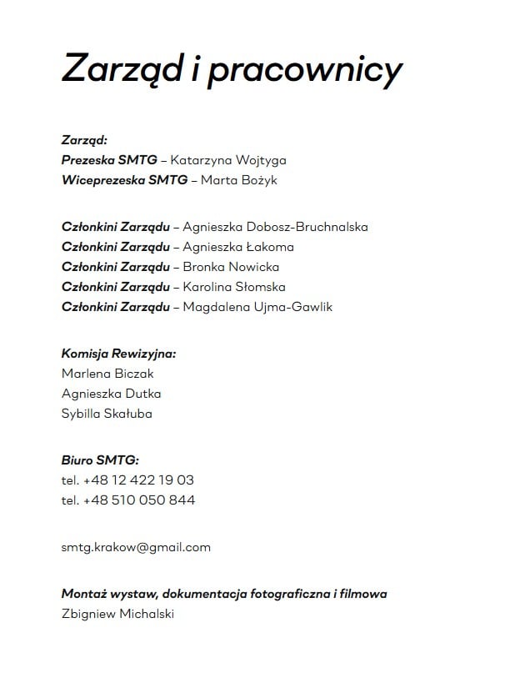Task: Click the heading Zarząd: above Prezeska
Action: coord(84,140)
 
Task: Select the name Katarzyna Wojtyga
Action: coord(227,160)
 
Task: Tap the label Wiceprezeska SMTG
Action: coord(124,180)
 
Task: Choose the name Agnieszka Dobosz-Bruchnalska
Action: coord(275,227)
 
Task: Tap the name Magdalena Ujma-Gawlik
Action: coord(257,307)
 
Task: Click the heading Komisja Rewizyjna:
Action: coord(118,354)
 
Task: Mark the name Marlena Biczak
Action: coord(107,374)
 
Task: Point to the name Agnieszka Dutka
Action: coord(111,394)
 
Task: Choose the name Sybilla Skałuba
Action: coord(107,414)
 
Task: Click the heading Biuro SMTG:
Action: coord(100,460)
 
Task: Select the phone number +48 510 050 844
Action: coord(139,500)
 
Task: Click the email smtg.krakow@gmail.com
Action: coord(136,548)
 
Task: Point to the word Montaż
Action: coord(82,595)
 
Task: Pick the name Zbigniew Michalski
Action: coord(117,615)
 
